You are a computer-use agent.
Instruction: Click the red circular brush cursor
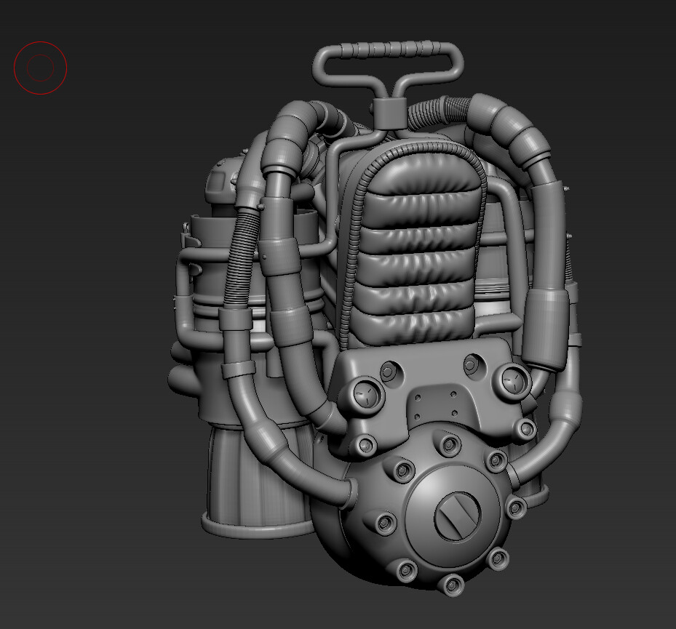click(x=40, y=68)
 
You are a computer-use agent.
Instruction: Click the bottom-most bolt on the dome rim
click(x=452, y=582)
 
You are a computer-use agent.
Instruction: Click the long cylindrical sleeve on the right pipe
click(x=549, y=324)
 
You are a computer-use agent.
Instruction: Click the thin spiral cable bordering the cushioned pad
click(x=355, y=233)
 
